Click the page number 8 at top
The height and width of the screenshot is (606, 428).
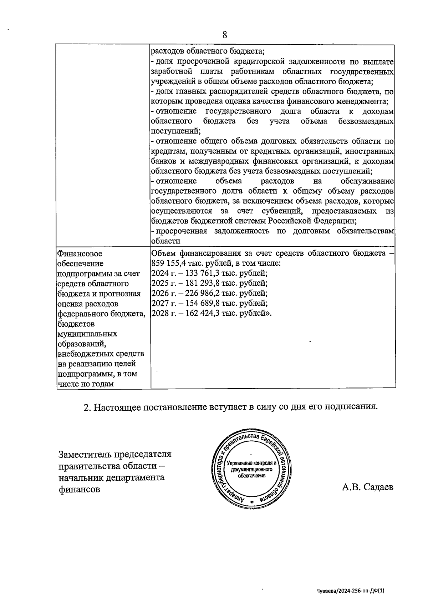pos(225,35)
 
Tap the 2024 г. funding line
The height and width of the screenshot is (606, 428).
pos(209,274)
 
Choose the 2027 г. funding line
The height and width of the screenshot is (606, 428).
pos(209,304)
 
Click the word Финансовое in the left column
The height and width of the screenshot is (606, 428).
pos(80,254)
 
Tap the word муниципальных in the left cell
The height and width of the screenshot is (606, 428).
pos(87,334)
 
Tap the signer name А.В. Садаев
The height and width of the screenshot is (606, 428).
pos(367,487)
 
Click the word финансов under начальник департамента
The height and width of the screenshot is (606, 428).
pos(79,489)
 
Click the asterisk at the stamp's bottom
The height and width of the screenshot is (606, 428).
pos(252,502)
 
